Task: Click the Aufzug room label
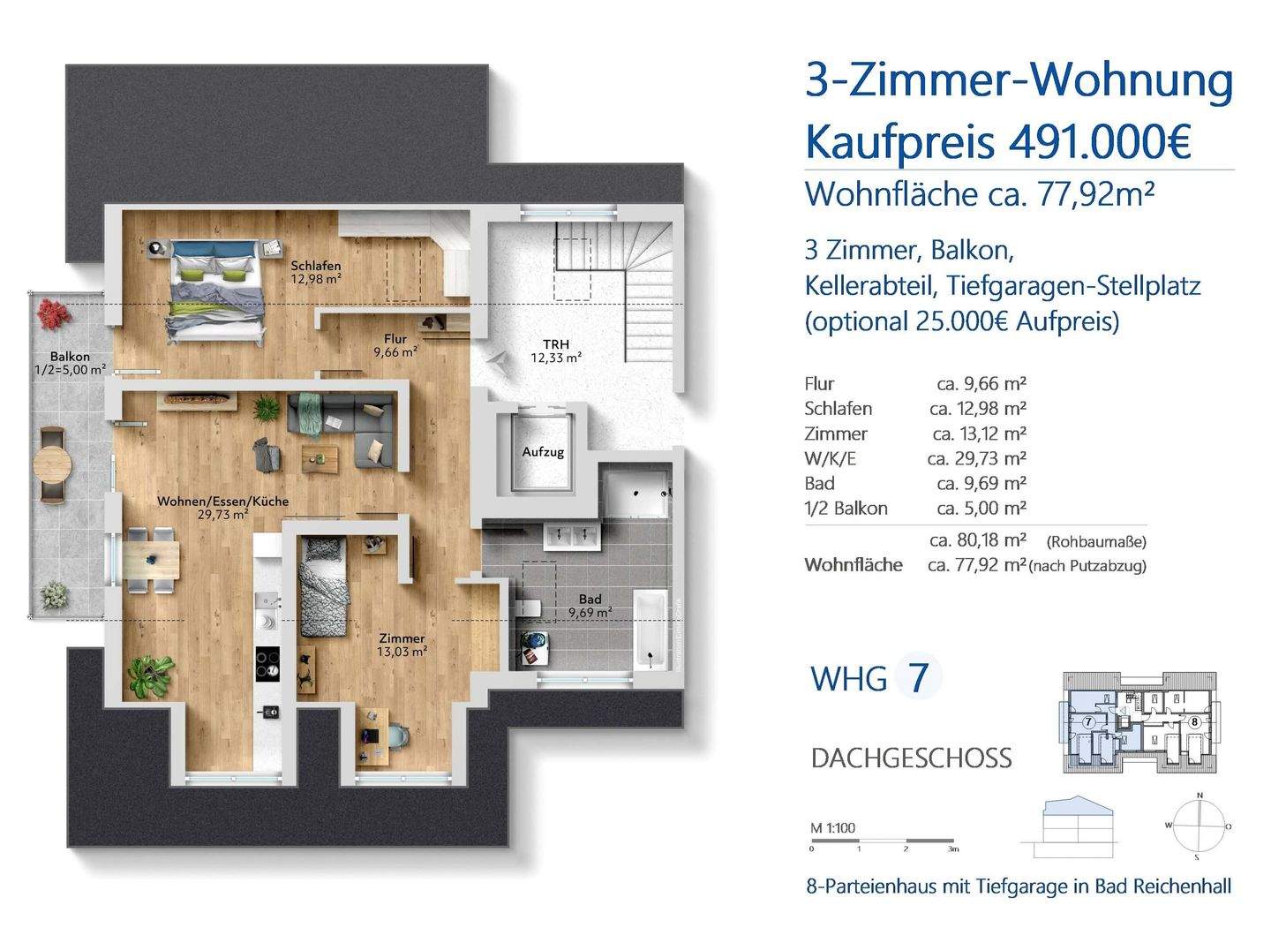coord(542,452)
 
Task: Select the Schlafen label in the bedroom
coord(316,266)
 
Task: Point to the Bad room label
coord(590,600)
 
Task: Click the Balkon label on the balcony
coord(70,358)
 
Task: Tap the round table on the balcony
coord(52,462)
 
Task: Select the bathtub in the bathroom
coord(651,633)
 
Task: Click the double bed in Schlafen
coord(216,287)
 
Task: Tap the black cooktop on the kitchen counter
coord(267,663)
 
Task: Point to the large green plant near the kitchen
coord(149,675)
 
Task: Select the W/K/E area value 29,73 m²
coord(976,458)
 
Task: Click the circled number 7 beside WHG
coord(919,678)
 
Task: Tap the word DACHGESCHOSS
coord(911,758)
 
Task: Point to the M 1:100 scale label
coord(832,828)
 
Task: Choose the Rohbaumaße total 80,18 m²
coord(977,539)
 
